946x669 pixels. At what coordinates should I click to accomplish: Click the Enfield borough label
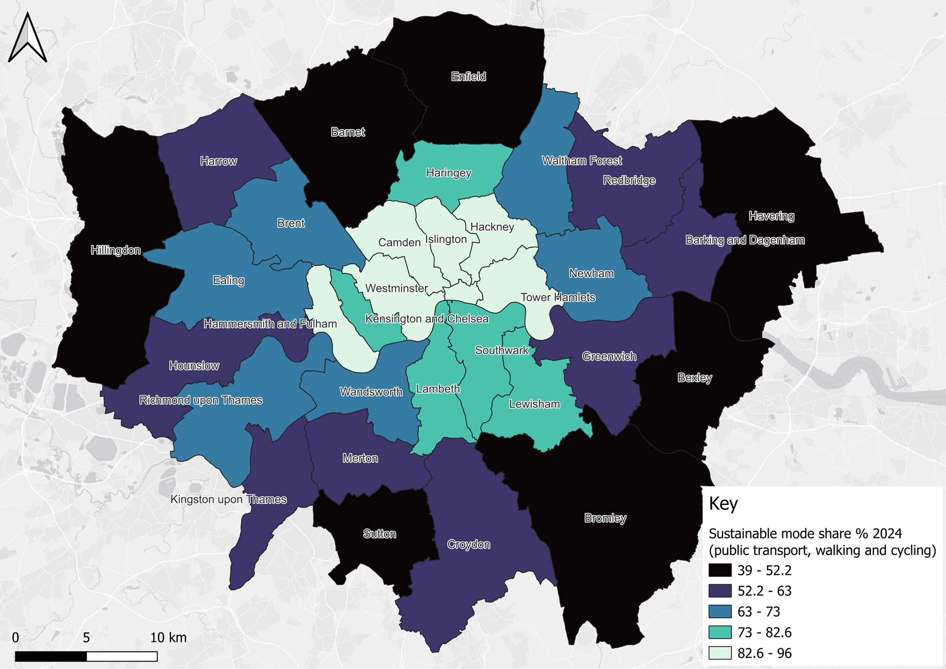(x=469, y=76)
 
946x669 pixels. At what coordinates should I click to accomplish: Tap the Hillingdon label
(x=116, y=250)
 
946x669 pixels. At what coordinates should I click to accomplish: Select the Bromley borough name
(x=605, y=518)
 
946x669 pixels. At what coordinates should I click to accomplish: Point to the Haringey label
(x=448, y=173)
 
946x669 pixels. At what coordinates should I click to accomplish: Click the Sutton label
(x=379, y=534)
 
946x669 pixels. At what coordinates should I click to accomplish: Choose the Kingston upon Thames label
(x=229, y=500)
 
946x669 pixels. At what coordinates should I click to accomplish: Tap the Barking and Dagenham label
(x=745, y=240)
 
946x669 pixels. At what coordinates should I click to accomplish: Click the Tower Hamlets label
(x=558, y=298)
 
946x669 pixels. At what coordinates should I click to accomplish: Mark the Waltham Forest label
(x=581, y=161)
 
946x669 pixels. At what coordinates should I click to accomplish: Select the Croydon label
(x=469, y=544)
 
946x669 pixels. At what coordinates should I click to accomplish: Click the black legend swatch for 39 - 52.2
(x=720, y=570)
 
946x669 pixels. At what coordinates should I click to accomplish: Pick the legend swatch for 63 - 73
(x=720, y=612)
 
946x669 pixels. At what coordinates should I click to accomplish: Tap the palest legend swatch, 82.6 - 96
(x=720, y=653)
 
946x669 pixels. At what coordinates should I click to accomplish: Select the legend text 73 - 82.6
(x=764, y=633)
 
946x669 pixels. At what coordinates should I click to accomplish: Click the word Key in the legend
(x=723, y=504)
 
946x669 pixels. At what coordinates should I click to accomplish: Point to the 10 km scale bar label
(x=168, y=637)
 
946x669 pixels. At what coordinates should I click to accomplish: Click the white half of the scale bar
(x=122, y=656)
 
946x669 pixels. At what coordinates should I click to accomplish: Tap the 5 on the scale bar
(x=86, y=637)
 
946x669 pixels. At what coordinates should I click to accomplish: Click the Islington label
(x=446, y=239)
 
